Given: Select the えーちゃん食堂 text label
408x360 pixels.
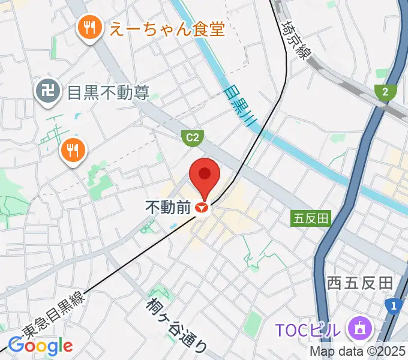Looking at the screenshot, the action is (x=166, y=28).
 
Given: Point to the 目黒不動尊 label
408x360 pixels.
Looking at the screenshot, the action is (x=108, y=93).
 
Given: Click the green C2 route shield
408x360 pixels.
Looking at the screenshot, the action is (x=191, y=139).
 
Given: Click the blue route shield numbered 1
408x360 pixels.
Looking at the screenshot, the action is (x=394, y=307).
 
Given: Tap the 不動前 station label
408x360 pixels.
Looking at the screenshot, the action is (x=168, y=208).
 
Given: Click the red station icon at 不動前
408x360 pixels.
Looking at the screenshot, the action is (x=203, y=208).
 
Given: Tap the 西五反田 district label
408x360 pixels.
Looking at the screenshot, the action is (x=359, y=283).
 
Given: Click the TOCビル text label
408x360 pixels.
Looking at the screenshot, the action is (x=310, y=329).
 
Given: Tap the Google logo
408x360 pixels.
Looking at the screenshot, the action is (x=40, y=346).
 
